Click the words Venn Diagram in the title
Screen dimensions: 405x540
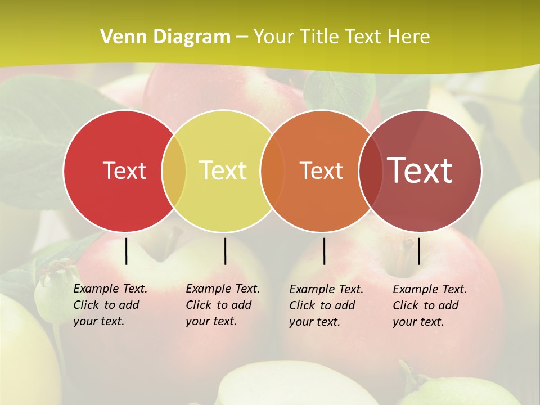[x=165, y=37]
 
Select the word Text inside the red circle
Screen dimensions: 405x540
[x=124, y=170]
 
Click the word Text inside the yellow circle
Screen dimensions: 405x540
[x=223, y=170]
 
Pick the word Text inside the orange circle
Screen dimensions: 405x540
[x=321, y=170]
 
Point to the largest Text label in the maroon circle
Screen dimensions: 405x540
[x=420, y=170]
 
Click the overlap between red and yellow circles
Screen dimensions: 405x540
[x=174, y=170]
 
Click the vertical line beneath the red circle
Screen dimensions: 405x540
[x=126, y=251]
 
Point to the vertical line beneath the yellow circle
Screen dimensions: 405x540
[x=225, y=251]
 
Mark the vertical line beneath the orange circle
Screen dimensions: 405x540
[x=324, y=251]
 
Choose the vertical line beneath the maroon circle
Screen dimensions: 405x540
[x=418, y=251]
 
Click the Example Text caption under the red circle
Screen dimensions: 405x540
[x=110, y=289]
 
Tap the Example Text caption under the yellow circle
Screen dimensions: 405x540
[x=223, y=289]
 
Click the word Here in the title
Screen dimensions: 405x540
[x=409, y=37]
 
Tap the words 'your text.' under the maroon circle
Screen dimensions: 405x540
[x=418, y=322]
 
